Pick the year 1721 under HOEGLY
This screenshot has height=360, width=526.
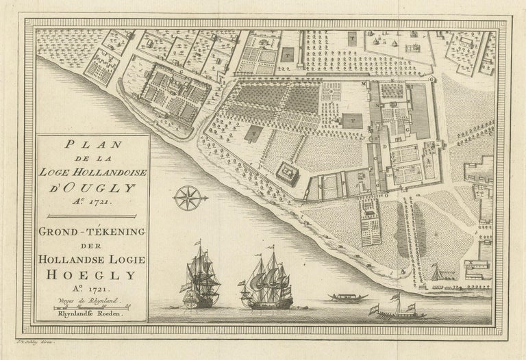pos(94,290)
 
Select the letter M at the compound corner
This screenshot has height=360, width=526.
pos(365,83)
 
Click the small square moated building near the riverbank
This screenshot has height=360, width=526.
pos(287,172)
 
